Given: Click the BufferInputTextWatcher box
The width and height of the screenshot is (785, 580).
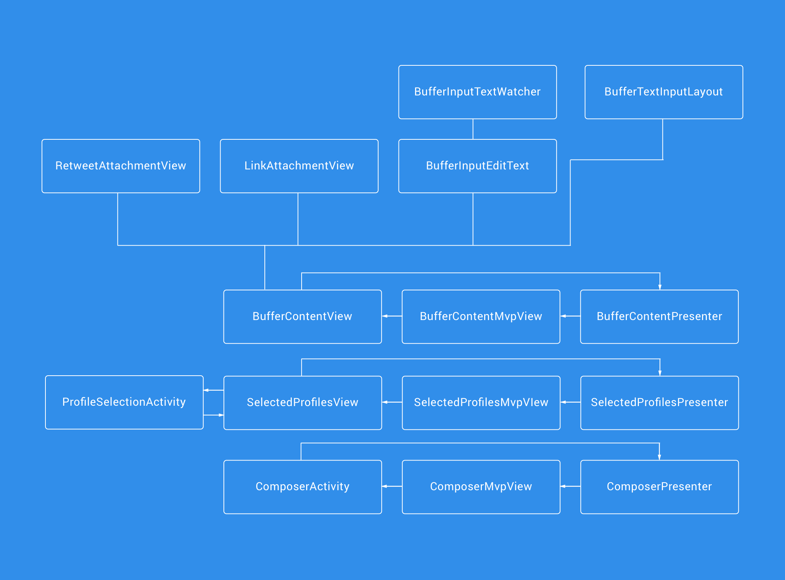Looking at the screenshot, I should [x=477, y=92].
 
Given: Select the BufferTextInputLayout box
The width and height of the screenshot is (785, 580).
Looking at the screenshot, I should [x=664, y=92].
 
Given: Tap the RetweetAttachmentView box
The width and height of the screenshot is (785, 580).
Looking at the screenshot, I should [x=121, y=166].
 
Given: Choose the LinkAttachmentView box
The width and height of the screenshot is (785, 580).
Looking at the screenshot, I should [x=299, y=166].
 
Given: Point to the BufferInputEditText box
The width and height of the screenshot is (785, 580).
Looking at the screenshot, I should [x=477, y=166].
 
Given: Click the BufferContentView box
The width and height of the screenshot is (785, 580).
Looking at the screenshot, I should [x=302, y=317].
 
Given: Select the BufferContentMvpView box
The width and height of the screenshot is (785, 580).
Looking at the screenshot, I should [x=481, y=317].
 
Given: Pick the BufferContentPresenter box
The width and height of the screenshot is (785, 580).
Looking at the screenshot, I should [x=659, y=317].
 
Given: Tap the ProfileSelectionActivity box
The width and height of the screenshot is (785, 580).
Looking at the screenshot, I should [x=124, y=402].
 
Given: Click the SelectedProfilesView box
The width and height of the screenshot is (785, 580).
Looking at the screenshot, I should [x=302, y=403].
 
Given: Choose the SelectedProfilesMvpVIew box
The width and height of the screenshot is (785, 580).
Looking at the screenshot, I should [x=481, y=403].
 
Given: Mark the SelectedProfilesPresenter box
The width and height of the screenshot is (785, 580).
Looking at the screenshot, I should [x=659, y=403].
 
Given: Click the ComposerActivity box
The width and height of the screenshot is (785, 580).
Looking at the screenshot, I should [x=302, y=487].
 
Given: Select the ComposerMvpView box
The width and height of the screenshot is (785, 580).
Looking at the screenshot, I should [x=481, y=487].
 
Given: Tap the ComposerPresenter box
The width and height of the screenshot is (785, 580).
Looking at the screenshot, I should [x=659, y=487].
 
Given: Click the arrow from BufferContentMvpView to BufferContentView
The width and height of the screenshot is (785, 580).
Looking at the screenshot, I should [x=392, y=316].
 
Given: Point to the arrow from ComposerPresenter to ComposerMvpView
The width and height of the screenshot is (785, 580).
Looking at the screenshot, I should [x=570, y=486].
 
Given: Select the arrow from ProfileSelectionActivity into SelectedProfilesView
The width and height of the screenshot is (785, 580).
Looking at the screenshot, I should [x=213, y=415].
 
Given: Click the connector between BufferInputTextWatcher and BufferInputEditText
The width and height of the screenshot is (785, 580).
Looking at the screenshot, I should [x=473, y=129].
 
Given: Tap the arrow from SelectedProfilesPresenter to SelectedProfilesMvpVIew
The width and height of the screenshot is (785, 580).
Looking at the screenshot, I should [x=570, y=402].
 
